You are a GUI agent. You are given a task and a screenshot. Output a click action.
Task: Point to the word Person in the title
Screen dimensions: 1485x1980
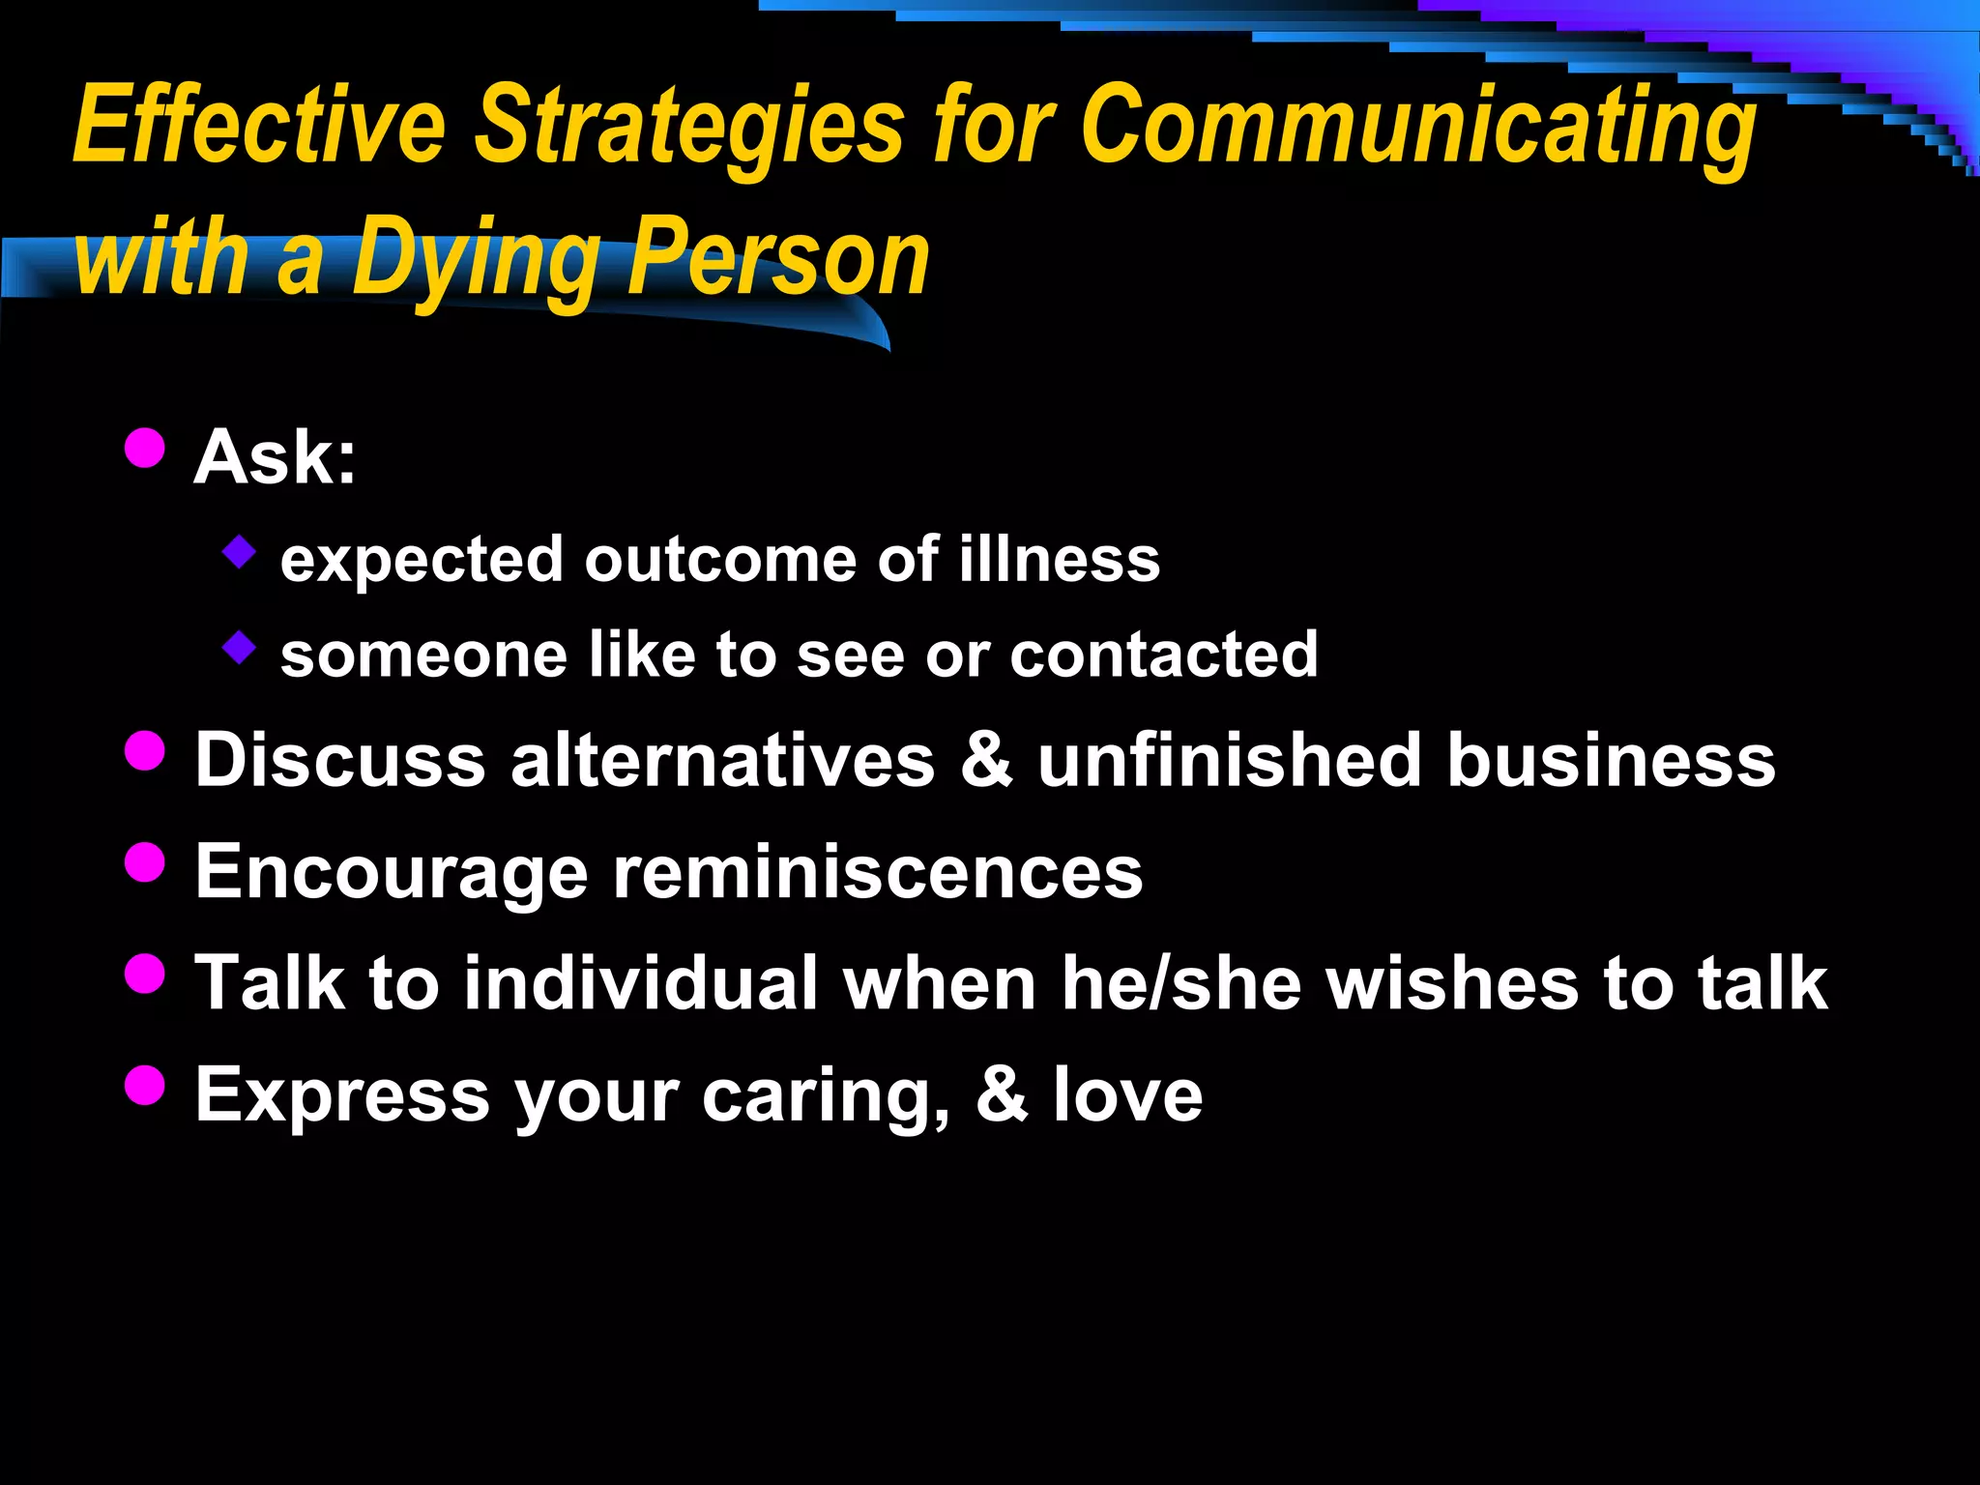point(779,257)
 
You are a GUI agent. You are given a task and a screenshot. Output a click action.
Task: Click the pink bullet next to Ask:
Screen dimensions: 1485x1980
point(145,448)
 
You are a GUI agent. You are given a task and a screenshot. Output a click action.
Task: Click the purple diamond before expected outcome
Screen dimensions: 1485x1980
point(239,553)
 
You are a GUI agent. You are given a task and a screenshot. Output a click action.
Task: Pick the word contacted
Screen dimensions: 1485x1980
point(1164,655)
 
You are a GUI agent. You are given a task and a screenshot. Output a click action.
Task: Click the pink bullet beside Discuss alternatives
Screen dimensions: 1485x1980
point(145,750)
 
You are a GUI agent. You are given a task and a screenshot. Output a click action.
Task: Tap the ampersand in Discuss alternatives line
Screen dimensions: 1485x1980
point(986,760)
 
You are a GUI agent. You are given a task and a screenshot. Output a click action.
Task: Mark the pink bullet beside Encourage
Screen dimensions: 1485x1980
point(145,862)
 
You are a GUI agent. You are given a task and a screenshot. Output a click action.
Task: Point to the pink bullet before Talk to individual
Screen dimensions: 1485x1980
point(145,974)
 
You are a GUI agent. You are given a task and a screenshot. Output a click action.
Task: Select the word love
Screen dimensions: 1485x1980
point(1127,1095)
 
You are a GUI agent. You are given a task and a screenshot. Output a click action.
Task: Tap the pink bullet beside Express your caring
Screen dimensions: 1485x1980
point(145,1085)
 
